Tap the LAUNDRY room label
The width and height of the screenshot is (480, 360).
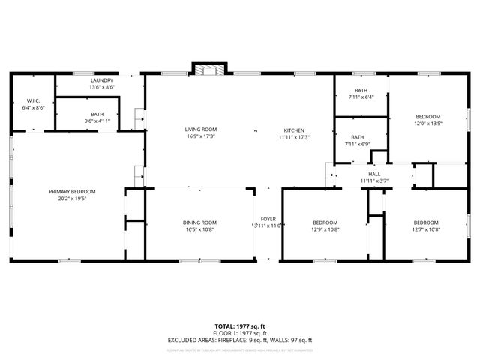(x=101, y=79)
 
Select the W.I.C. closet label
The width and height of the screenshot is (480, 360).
(x=34, y=100)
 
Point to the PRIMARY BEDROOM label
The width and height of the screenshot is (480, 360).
(x=73, y=191)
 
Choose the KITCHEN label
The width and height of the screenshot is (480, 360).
(x=294, y=130)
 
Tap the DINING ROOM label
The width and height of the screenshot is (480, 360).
(x=200, y=222)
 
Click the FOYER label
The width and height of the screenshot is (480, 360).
(x=267, y=218)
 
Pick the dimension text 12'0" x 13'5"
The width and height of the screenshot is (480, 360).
(x=429, y=124)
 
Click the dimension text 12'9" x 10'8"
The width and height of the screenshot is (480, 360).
(x=325, y=229)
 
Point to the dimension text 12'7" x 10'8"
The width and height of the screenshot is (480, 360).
(x=426, y=229)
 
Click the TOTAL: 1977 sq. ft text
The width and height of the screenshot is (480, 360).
(x=240, y=325)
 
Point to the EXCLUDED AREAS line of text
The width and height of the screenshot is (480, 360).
(x=240, y=340)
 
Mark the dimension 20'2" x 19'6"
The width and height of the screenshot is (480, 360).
(x=73, y=199)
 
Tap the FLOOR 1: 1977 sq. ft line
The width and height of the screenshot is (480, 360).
(x=240, y=333)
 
